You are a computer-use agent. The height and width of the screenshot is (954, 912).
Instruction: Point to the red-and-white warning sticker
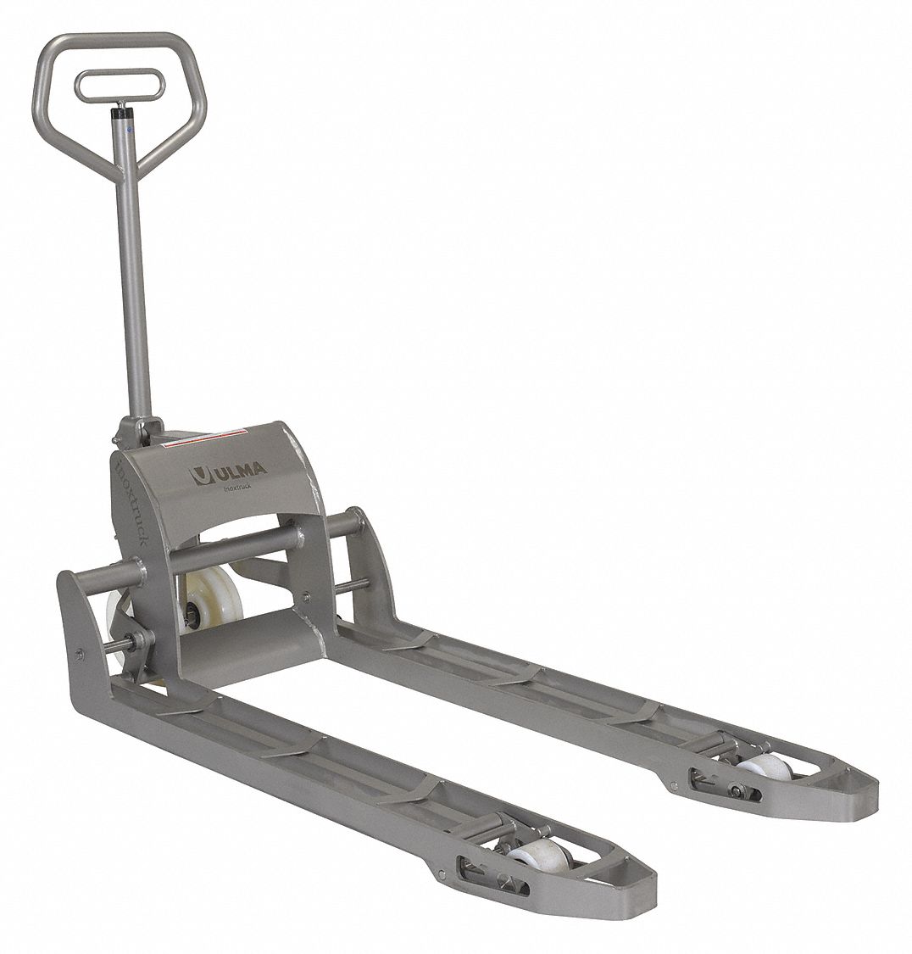pyautogui.click(x=203, y=440)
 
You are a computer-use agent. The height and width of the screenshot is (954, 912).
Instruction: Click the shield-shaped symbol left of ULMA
pyautogui.click(x=199, y=474)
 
